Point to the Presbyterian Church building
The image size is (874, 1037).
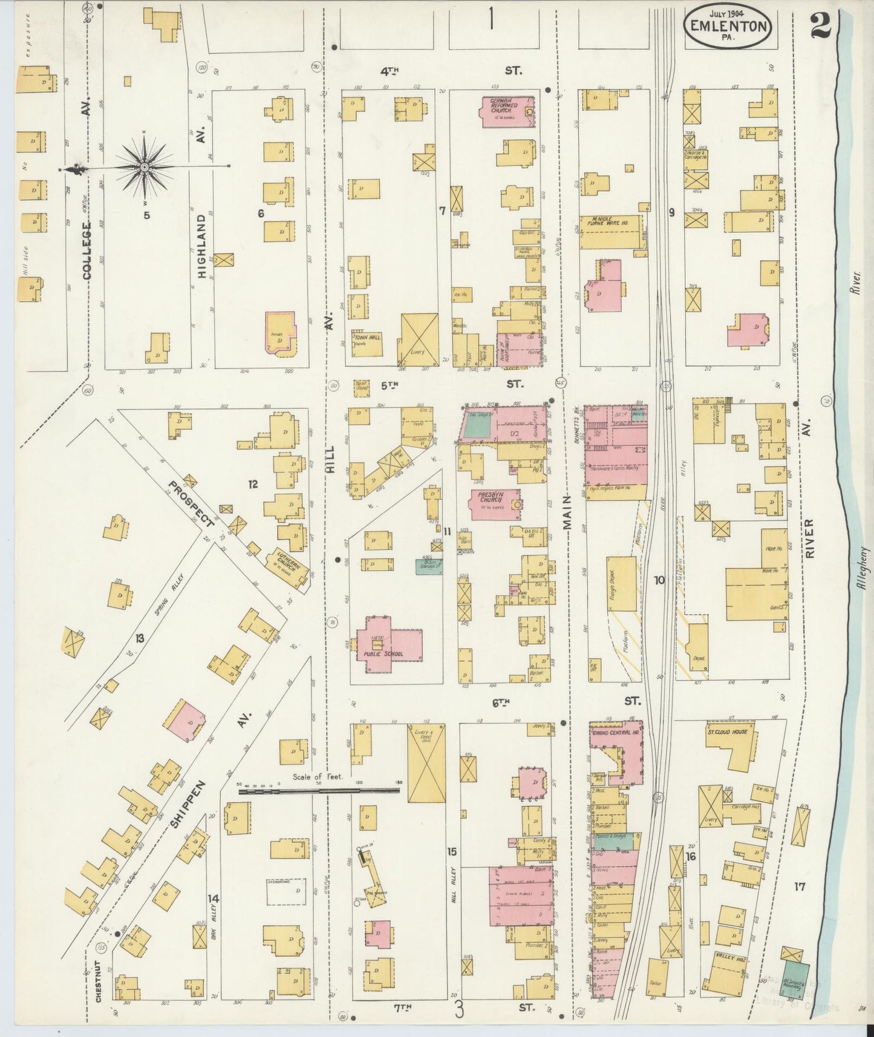click(495, 504)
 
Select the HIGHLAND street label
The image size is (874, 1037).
click(201, 246)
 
